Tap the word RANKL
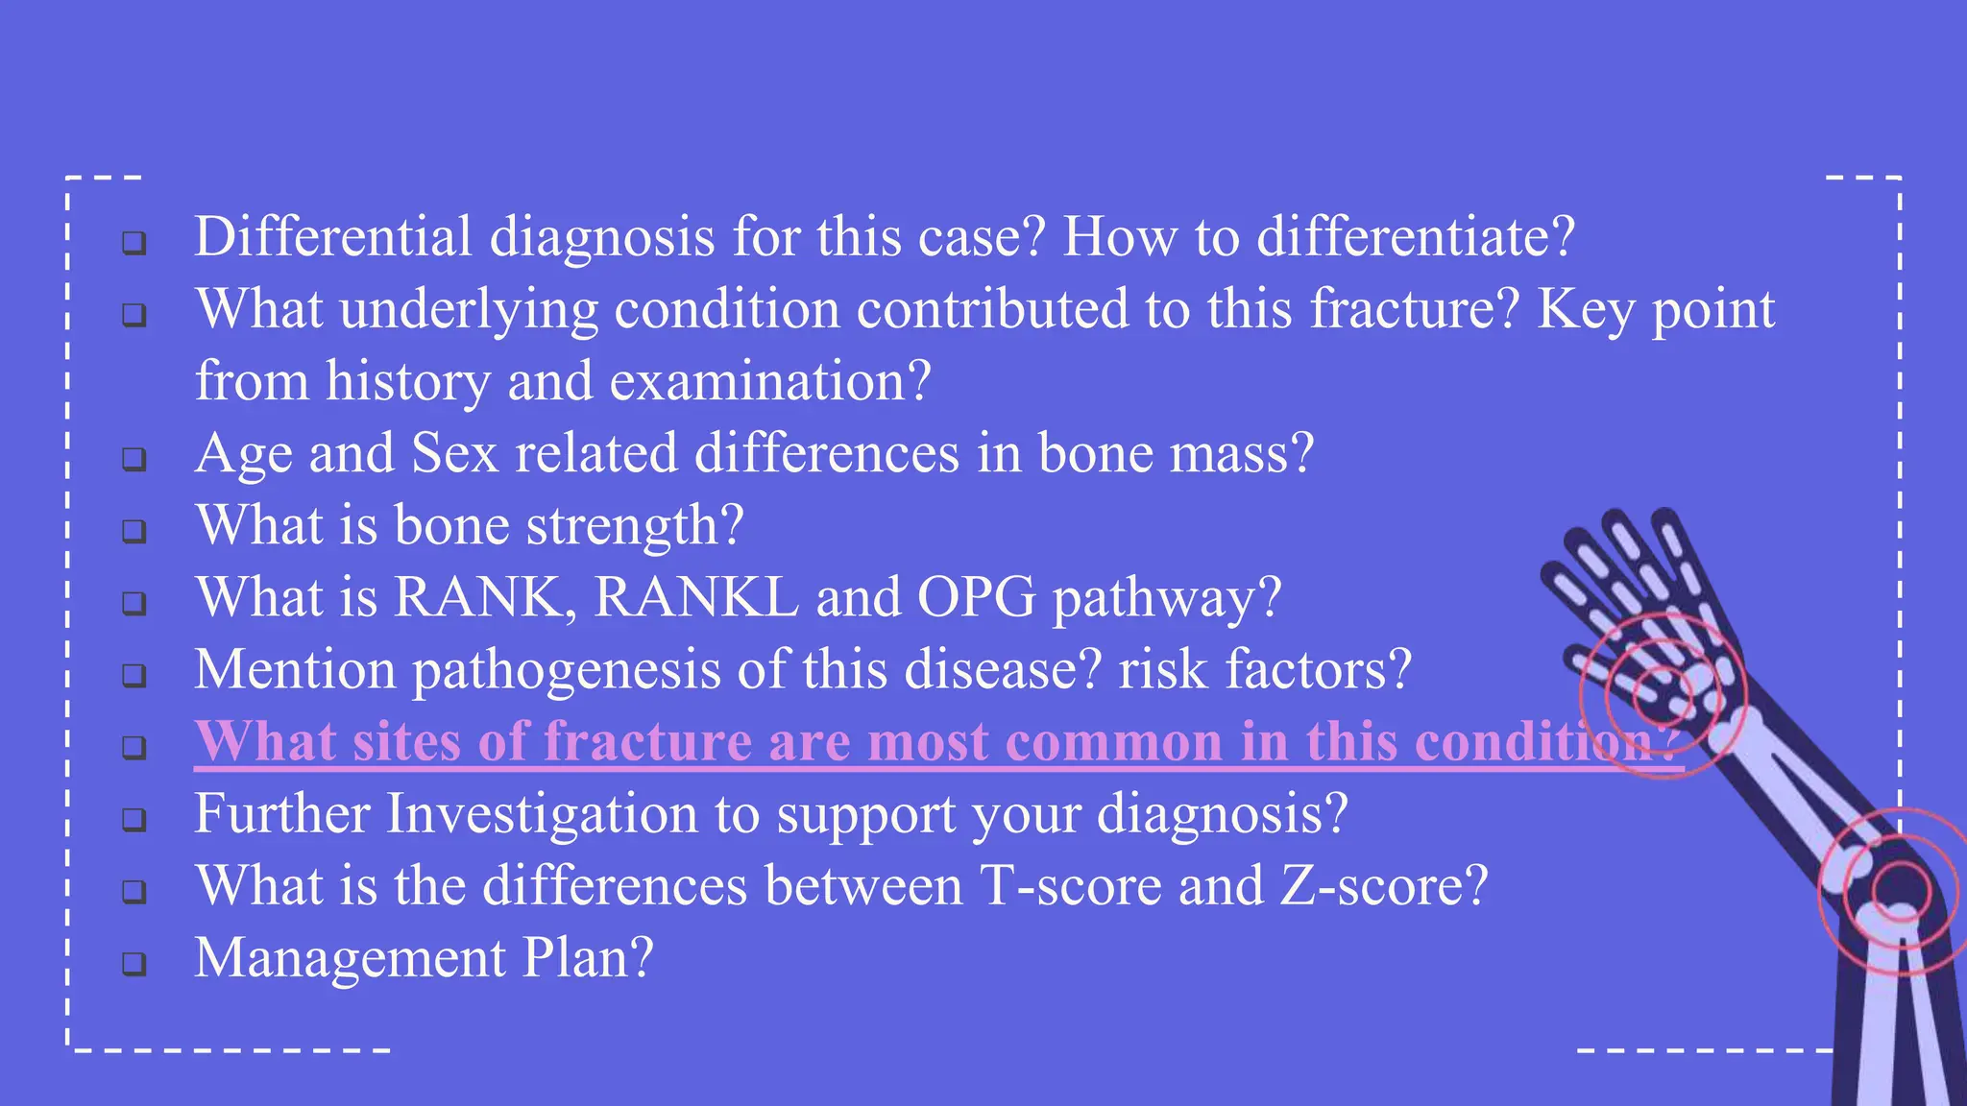click(x=696, y=597)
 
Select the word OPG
click(x=977, y=597)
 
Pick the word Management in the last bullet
click(x=350, y=958)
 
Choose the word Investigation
click(x=542, y=814)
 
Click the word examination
click(x=770, y=381)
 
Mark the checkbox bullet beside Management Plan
click(x=134, y=963)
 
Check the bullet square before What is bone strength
click(x=134, y=531)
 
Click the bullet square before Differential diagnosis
click(x=134, y=243)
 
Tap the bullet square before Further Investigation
click(x=134, y=819)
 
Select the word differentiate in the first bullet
click(x=1416, y=236)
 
